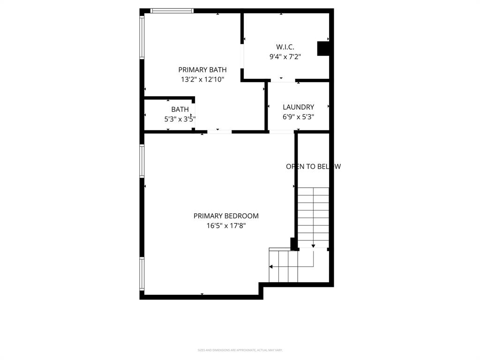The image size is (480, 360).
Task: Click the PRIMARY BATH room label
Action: pos(202,70)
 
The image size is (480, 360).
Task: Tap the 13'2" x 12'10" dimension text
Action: pos(202,80)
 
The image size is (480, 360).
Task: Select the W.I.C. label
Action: pos(285,47)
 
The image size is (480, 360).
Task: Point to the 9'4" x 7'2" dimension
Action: pos(285,57)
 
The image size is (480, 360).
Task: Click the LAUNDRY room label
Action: pos(298,107)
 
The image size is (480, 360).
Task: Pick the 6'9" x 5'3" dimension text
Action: pos(298,117)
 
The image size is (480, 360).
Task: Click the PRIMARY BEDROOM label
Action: pos(226,216)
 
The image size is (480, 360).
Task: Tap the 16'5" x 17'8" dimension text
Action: pos(226,226)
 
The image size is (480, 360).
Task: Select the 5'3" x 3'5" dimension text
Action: pos(180,119)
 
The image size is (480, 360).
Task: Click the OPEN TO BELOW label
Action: pos(313,166)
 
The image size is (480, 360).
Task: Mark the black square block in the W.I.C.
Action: pos(323,49)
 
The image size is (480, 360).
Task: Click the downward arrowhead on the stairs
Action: pos(313,246)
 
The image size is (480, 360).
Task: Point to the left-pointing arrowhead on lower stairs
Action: pos(271,267)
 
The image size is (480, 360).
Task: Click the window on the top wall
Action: pos(172,11)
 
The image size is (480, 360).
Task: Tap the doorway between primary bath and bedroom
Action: pos(219,132)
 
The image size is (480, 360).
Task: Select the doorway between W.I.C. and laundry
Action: pos(283,81)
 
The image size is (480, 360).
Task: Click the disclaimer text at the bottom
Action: pos(240,350)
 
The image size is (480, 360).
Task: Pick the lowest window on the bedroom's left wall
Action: pos(142,273)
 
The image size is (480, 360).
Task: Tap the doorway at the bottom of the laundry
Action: pos(281,132)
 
